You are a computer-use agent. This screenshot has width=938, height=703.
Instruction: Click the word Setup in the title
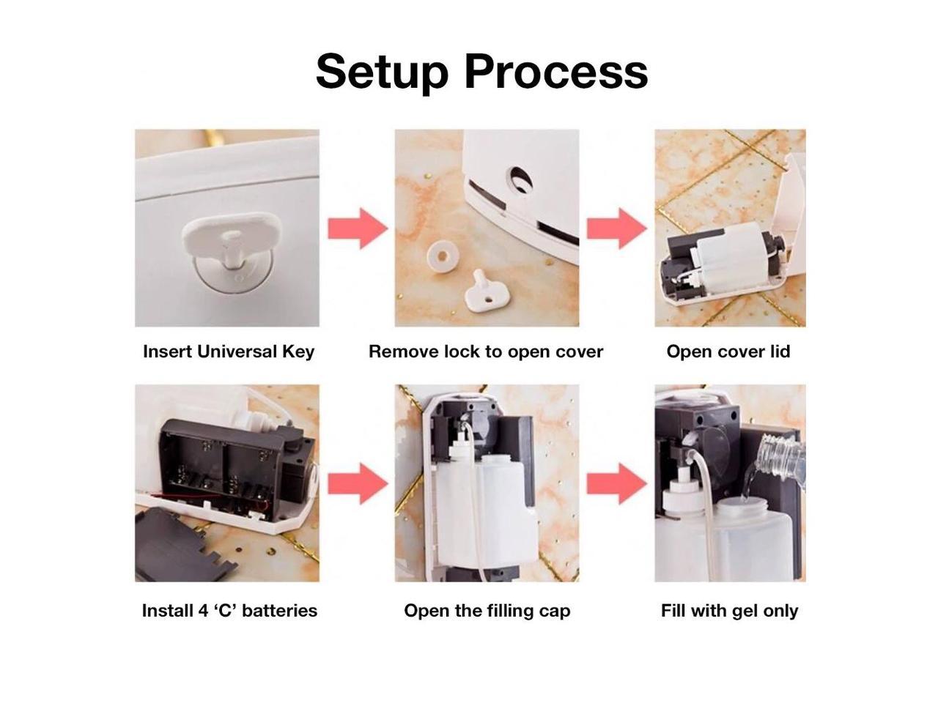(x=382, y=71)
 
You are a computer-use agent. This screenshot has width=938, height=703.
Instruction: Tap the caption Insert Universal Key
(x=229, y=351)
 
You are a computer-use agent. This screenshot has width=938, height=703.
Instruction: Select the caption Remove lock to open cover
(x=486, y=351)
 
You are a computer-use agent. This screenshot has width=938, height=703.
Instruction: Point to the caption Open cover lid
(x=728, y=351)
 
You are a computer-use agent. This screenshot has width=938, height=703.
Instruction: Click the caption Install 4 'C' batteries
(x=229, y=611)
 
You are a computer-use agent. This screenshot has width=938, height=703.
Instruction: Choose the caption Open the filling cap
(x=487, y=611)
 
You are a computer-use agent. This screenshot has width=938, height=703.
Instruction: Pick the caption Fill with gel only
(x=729, y=611)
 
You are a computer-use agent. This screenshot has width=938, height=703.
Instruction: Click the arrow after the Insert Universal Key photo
(x=357, y=228)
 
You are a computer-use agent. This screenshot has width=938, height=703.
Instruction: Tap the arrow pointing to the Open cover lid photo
(x=616, y=228)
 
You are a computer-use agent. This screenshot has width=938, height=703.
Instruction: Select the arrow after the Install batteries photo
(x=357, y=483)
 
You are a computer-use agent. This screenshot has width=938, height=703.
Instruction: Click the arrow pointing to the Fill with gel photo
(x=616, y=483)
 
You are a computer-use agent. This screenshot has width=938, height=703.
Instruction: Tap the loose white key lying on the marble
(x=483, y=290)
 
